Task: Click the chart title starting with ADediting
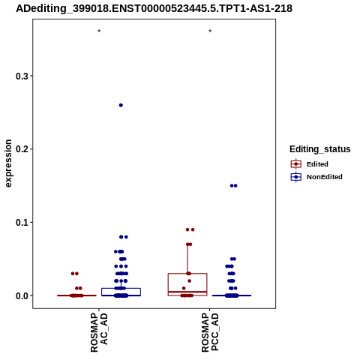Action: click(154, 8)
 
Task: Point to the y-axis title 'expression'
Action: click(8, 163)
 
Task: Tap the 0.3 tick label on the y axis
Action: click(22, 76)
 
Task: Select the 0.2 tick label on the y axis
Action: click(22, 149)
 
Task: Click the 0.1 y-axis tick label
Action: click(22, 223)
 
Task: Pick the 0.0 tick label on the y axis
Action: click(22, 295)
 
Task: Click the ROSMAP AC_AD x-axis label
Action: click(99, 332)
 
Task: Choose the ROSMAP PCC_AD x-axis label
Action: click(210, 332)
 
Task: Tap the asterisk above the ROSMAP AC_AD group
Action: click(99, 31)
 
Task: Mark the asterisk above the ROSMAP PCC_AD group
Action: click(210, 31)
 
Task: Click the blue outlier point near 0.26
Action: click(121, 105)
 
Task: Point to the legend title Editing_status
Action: click(320, 149)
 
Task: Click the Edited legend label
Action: click(317, 164)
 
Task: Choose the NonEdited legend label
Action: click(325, 177)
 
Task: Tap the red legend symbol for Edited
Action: click(296, 164)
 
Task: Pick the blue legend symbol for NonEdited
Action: click(296, 177)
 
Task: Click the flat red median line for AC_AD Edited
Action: click(76, 295)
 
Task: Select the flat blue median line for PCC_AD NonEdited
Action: click(232, 295)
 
